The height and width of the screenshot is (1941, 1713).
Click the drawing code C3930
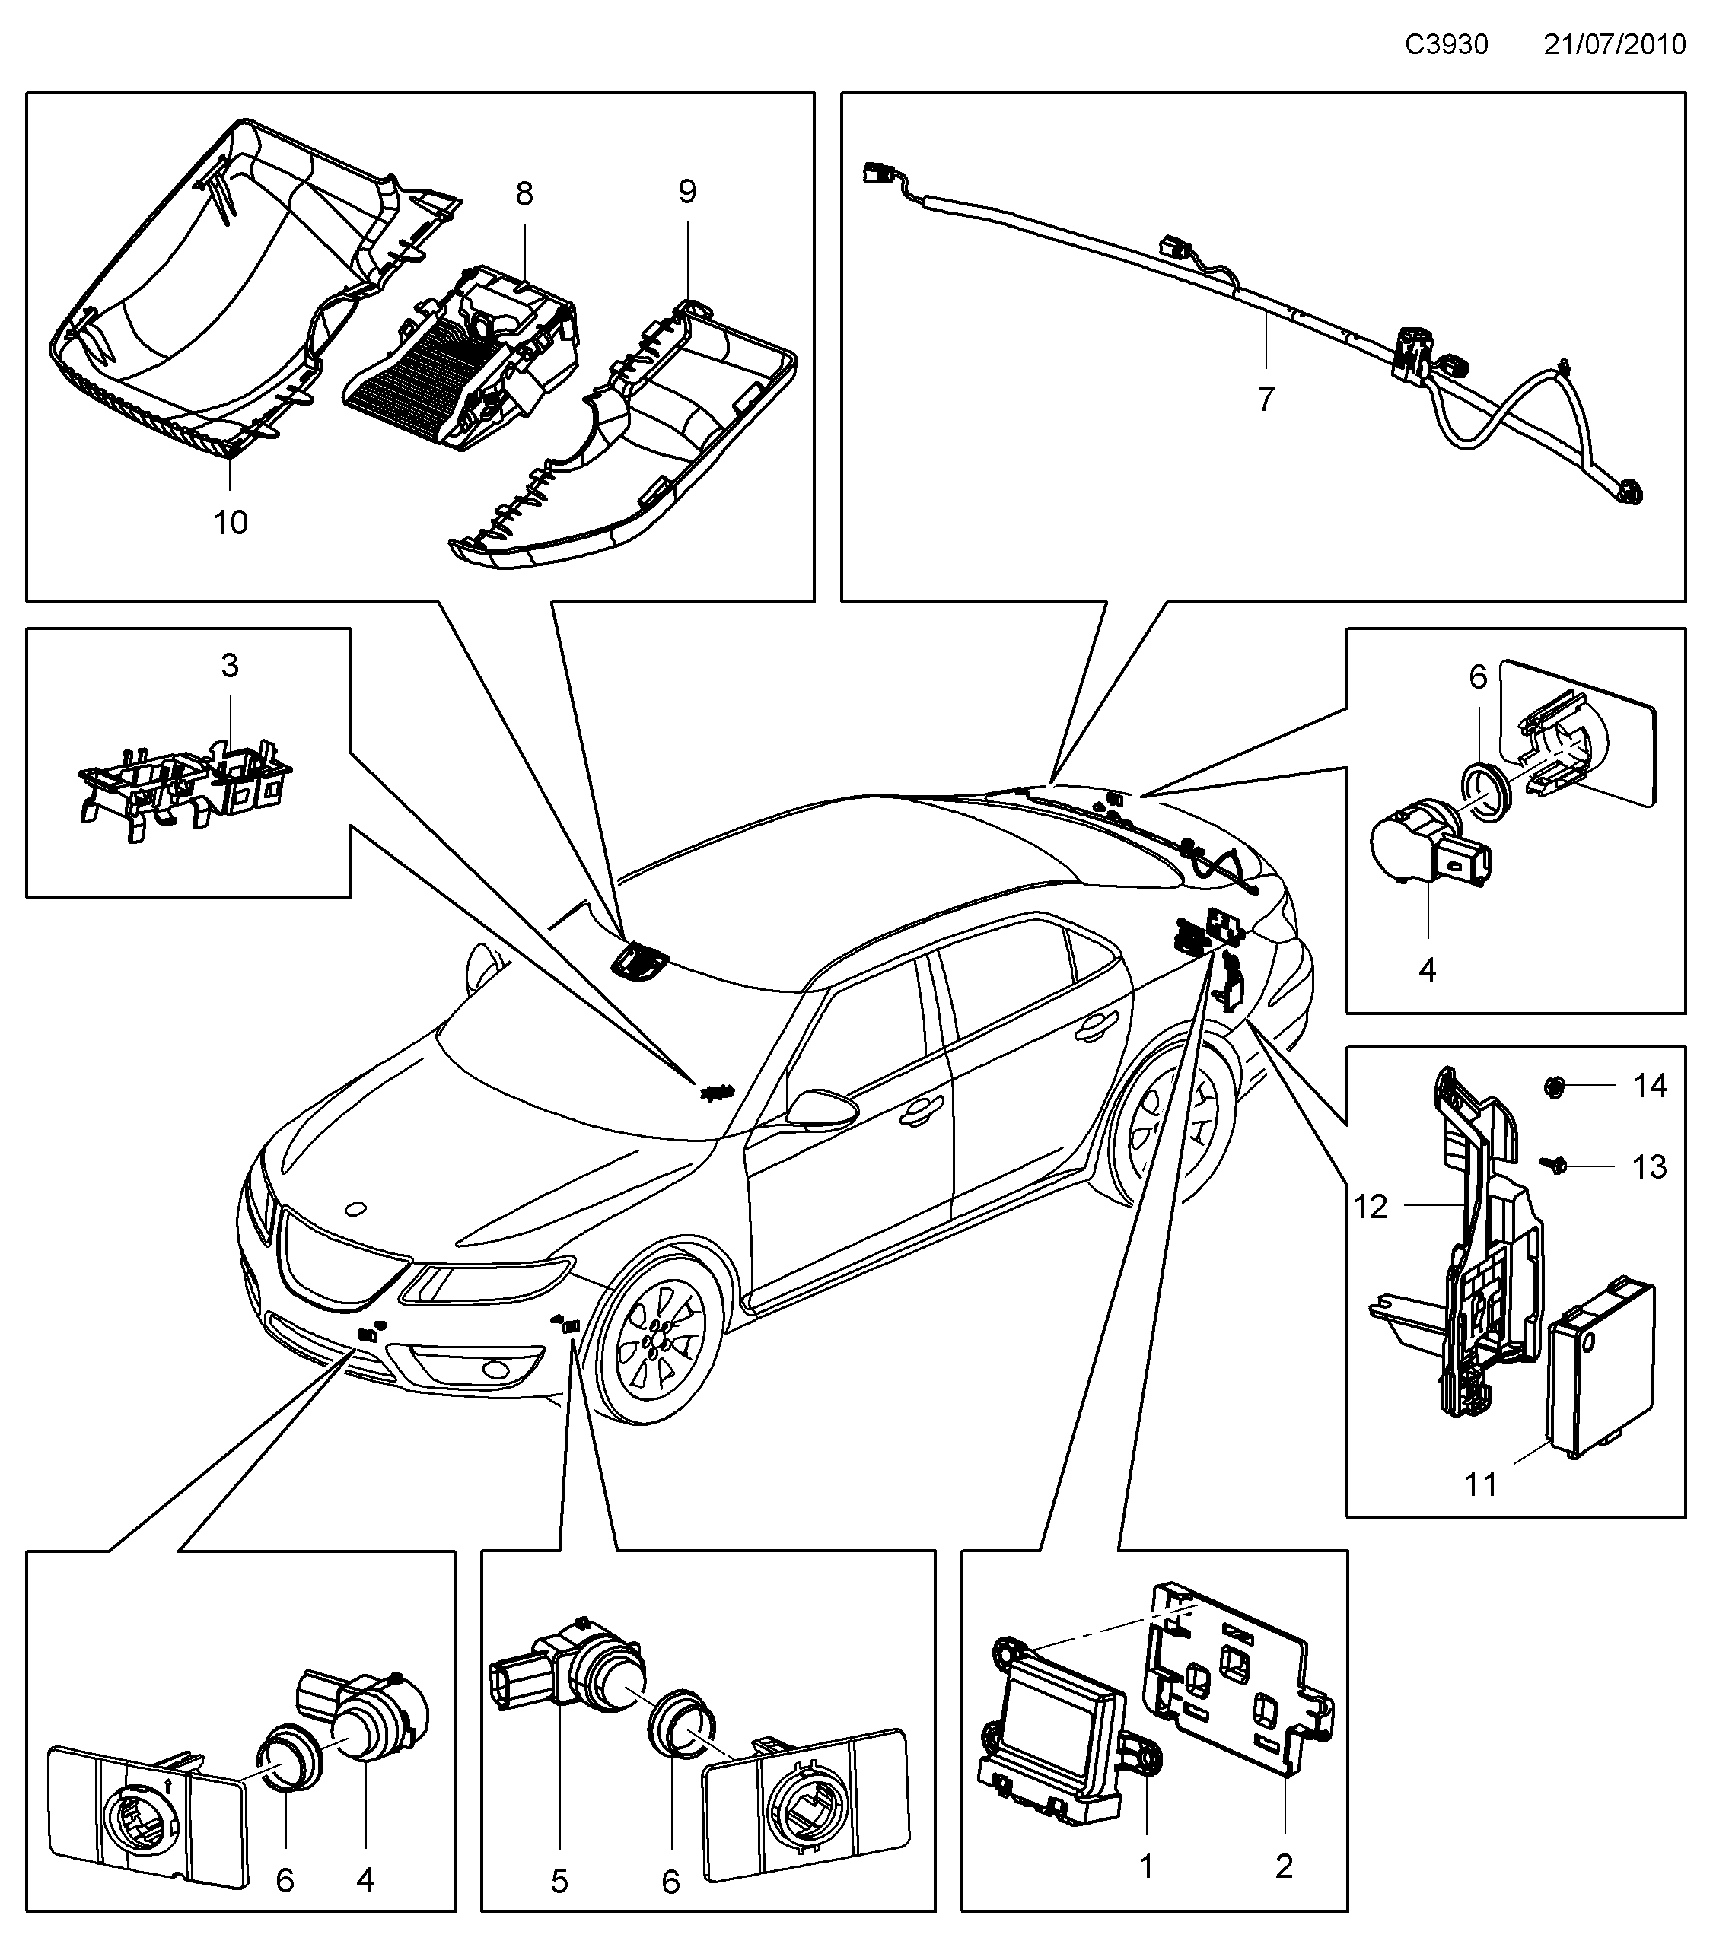click(1446, 45)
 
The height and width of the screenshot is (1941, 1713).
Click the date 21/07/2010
click(1614, 45)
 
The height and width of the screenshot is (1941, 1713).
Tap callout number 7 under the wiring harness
click(1266, 399)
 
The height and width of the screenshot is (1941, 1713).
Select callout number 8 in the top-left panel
click(524, 194)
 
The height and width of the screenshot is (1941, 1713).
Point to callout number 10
click(230, 521)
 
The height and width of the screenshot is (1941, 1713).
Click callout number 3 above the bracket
click(230, 666)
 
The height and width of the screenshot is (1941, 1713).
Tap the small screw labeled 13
click(1557, 1163)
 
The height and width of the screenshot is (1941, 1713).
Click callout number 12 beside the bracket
click(1371, 1206)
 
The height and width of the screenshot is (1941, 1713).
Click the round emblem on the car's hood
click(356, 1209)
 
